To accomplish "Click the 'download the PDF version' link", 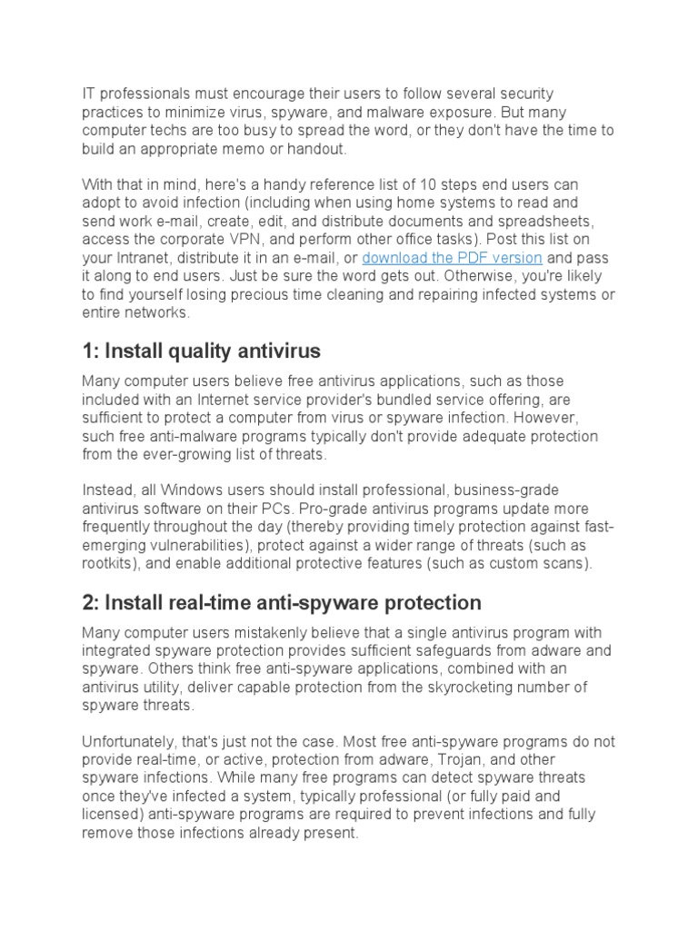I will coord(452,259).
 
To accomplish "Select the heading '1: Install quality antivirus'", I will coord(201,351).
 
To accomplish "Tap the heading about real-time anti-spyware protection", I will coord(282,602).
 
